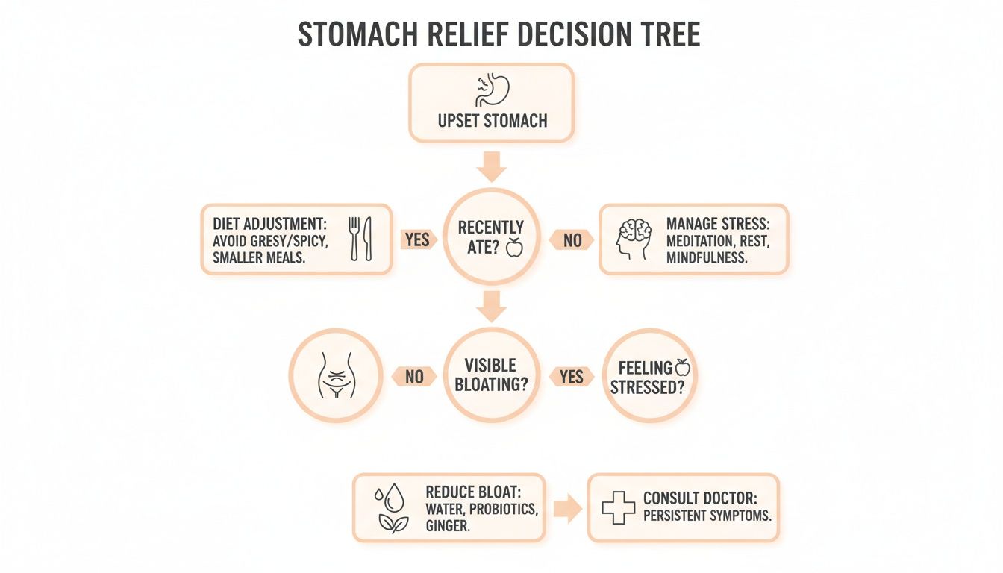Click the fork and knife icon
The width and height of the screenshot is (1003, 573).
coord(360,238)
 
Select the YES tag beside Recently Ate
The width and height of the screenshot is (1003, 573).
coord(419,239)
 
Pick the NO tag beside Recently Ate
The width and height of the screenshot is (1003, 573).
coord(572,239)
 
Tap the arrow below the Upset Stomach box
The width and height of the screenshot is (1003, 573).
coord(491,166)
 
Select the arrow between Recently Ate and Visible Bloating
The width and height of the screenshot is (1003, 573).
coord(491,306)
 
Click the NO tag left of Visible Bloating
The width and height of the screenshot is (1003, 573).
coord(415,376)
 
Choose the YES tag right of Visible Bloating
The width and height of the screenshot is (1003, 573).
coord(571,376)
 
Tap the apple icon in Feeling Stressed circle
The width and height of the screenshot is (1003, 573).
coord(682,366)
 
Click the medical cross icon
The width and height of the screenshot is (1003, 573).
coord(618,507)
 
